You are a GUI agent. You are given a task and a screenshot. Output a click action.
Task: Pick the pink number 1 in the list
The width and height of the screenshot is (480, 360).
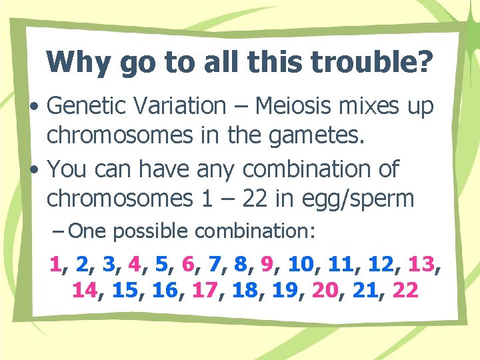point(55,265)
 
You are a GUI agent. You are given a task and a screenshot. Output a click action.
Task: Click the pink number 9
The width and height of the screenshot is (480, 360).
point(268,265)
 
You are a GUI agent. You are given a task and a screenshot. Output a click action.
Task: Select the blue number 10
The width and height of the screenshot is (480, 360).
point(300,265)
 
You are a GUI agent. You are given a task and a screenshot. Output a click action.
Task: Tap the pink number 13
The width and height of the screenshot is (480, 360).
point(421,265)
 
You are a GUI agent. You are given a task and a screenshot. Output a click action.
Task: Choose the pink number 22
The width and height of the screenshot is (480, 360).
point(405,291)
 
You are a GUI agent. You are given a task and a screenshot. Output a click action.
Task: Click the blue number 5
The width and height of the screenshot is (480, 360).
point(161,265)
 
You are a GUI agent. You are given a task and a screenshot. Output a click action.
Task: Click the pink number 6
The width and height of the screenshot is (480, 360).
point(187,265)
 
